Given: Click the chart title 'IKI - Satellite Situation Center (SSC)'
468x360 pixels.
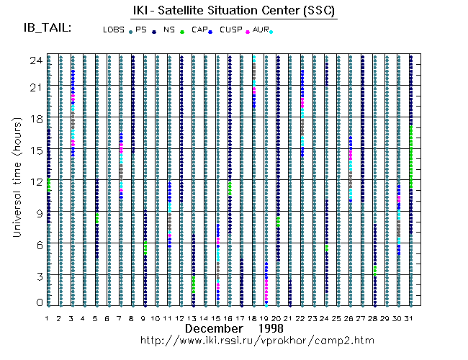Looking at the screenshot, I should (x=235, y=12).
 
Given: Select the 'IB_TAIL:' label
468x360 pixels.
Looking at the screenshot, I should (x=48, y=29).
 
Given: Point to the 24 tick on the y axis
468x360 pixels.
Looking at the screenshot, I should (x=34, y=61).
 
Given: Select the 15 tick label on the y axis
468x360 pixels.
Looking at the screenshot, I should (x=34, y=149).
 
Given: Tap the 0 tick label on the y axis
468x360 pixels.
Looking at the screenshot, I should (x=38, y=302).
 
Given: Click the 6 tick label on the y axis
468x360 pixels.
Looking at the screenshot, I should (x=38, y=244).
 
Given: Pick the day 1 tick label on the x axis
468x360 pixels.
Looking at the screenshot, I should (x=48, y=318).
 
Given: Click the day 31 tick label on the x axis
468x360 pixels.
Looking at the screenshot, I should (x=410, y=318).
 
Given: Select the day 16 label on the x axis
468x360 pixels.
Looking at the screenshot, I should (x=229, y=318).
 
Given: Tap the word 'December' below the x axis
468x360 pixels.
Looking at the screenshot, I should (x=214, y=328).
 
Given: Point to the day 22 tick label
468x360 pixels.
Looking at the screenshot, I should (x=302, y=318).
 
